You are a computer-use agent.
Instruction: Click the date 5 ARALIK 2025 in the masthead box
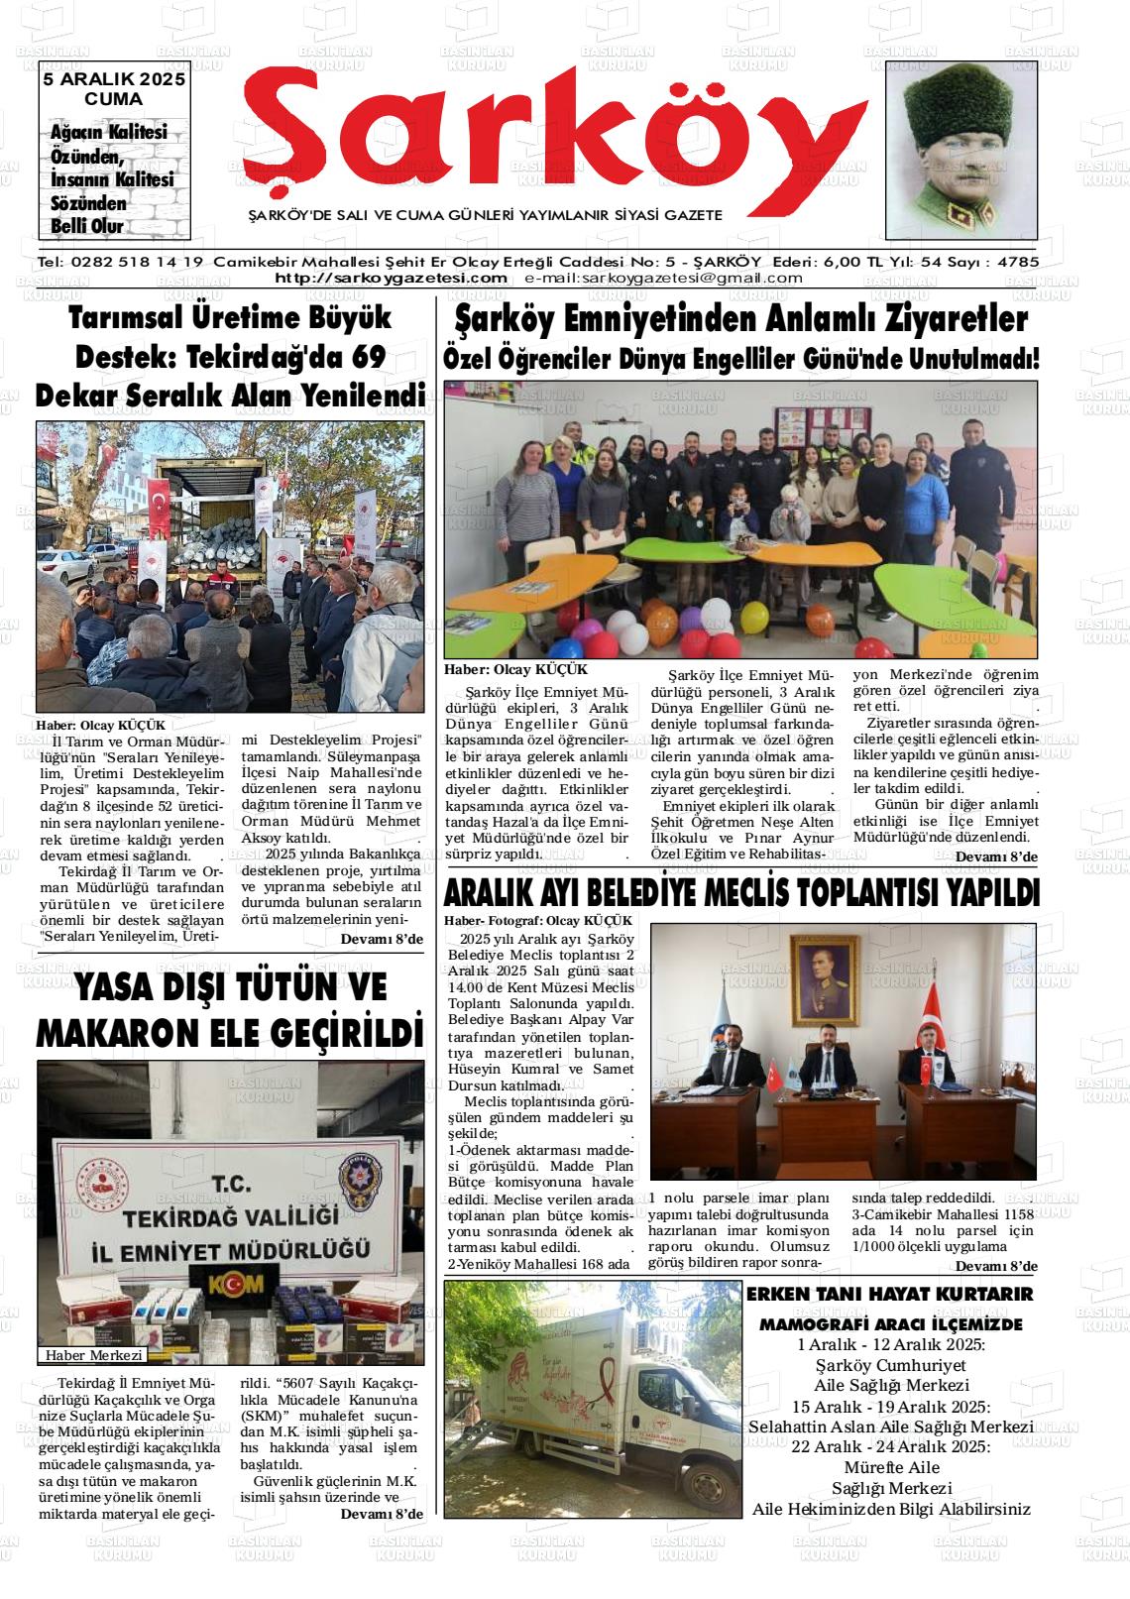pyautogui.click(x=113, y=80)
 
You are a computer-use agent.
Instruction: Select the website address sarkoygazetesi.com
pyautogui.click(x=391, y=278)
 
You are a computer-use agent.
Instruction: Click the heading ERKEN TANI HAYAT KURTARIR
pyautogui.click(x=889, y=1294)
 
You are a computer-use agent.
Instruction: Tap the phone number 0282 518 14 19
pyautogui.click(x=136, y=263)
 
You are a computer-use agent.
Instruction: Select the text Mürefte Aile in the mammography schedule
pyautogui.click(x=891, y=1466)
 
